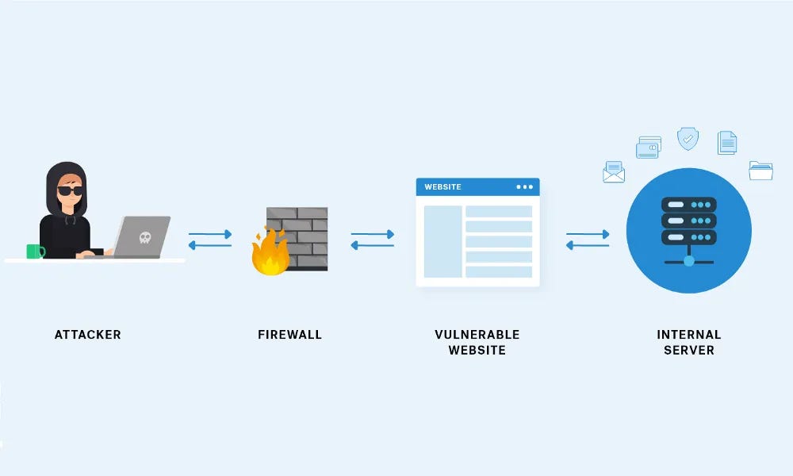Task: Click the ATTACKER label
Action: (x=87, y=335)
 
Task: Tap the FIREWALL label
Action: (x=289, y=335)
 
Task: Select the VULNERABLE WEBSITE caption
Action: (x=477, y=342)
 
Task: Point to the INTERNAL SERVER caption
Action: (x=688, y=342)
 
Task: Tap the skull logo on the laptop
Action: (x=144, y=236)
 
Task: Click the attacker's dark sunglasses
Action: (x=70, y=190)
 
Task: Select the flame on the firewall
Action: (x=270, y=252)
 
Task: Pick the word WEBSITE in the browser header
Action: (x=442, y=187)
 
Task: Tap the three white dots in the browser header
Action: (x=524, y=187)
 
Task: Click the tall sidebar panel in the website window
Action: (x=442, y=242)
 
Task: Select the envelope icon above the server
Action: (x=614, y=172)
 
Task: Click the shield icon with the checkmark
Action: (x=688, y=139)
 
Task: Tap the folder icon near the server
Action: (x=760, y=170)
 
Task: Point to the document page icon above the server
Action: (x=727, y=143)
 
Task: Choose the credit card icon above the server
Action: (x=648, y=148)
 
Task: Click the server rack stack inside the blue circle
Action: (x=688, y=221)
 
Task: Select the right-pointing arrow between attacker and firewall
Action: (x=210, y=234)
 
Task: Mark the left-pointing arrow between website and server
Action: (x=588, y=245)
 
